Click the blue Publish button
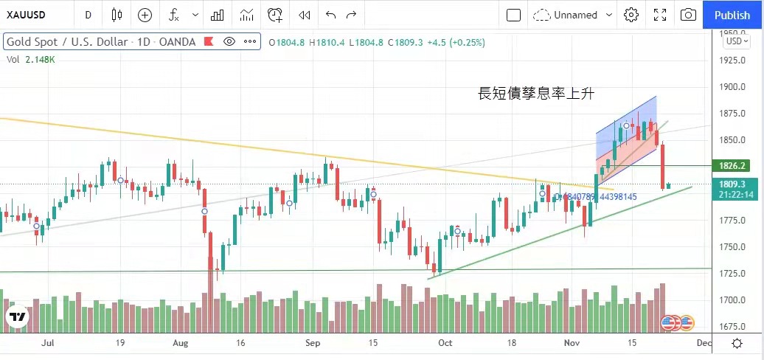732,15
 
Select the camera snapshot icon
687,15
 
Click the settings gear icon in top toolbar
631,15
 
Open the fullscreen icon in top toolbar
660,15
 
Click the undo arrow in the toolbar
330,15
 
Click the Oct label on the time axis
445,343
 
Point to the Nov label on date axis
572,343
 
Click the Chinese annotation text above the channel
536,94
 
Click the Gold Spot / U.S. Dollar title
66,42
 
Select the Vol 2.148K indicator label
31,59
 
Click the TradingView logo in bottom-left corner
18,318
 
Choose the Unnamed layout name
576,15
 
